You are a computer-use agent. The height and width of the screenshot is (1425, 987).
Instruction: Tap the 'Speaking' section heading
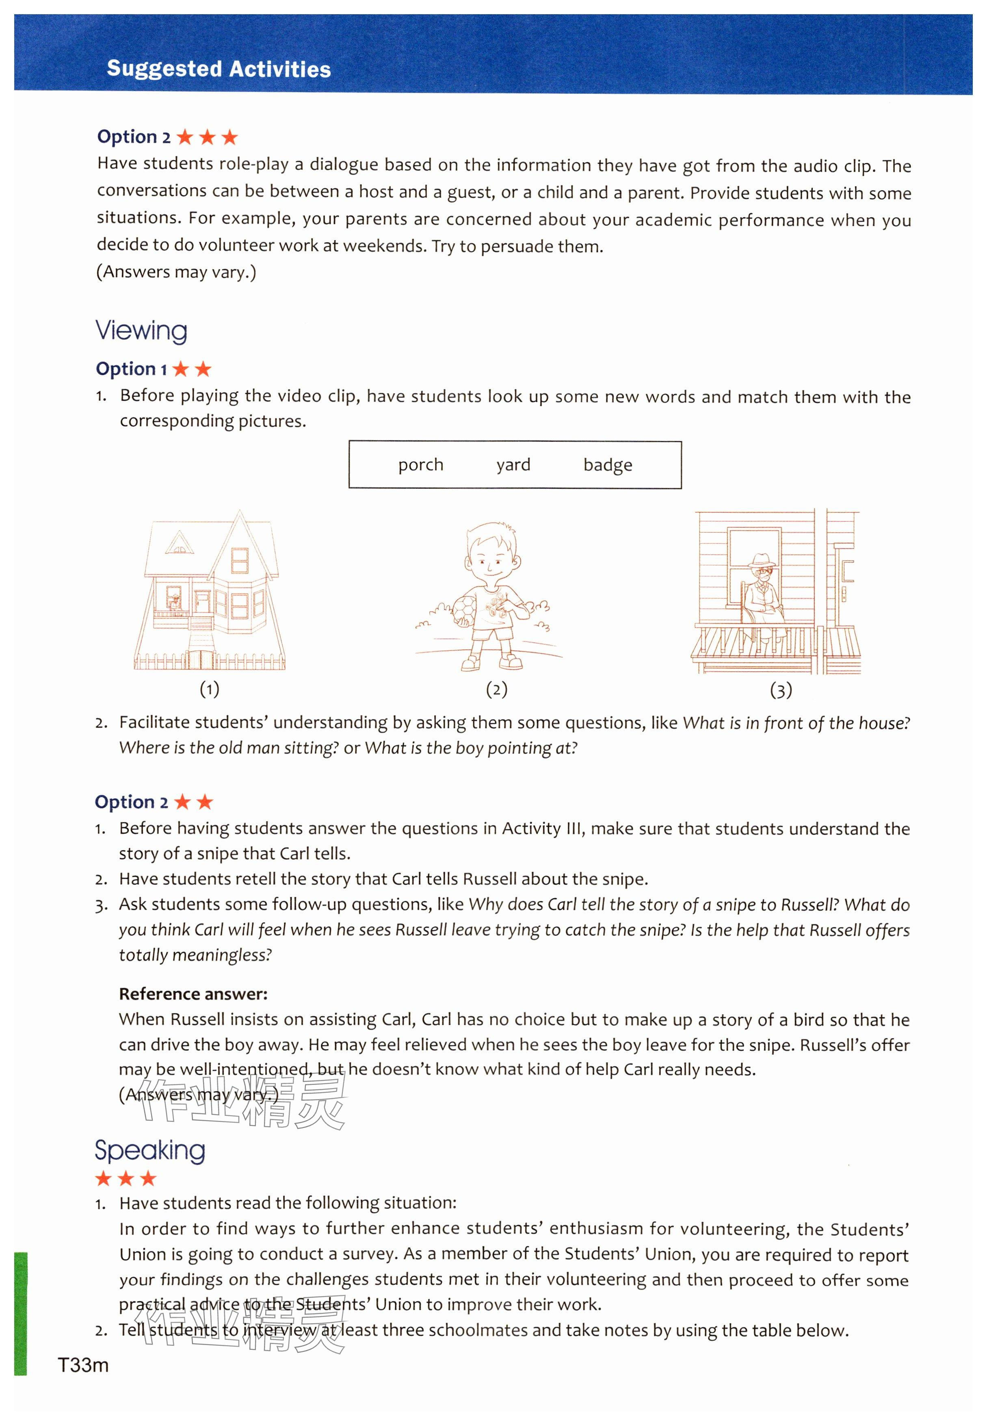coord(149,1150)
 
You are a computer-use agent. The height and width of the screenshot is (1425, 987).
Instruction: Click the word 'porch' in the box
coord(420,464)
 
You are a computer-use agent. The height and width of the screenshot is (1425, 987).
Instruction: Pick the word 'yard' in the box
coord(513,464)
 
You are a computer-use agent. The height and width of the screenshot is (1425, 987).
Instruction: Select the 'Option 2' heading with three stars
coord(167,137)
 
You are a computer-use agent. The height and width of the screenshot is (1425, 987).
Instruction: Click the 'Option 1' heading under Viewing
coord(154,369)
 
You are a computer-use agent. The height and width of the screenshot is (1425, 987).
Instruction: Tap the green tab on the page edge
coord(20,1314)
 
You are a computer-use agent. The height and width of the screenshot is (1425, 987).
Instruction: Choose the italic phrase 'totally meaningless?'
coord(195,955)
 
